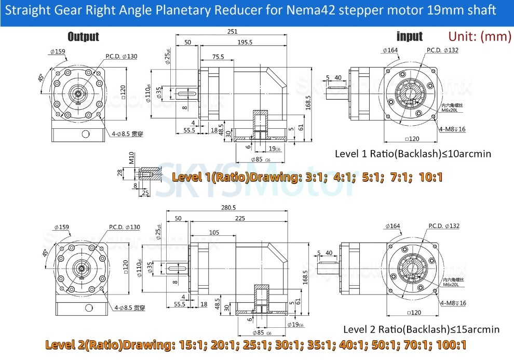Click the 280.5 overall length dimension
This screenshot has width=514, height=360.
pos(228,207)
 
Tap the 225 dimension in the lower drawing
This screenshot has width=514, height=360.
pos(240,219)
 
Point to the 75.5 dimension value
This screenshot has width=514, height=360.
pos(218,57)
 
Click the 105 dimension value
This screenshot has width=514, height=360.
pos(213,232)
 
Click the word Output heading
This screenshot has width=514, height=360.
pos(83,36)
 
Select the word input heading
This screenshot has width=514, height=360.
pos(410,36)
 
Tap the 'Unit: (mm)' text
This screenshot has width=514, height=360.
pos(479,36)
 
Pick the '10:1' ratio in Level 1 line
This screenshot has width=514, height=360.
pos(429,177)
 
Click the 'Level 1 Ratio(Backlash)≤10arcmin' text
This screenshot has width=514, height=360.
pos(413,154)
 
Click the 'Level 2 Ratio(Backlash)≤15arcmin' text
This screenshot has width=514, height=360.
pos(422,329)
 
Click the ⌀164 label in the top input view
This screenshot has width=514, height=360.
pos(390,50)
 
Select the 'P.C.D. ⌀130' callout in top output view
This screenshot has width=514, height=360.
pos(121,56)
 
